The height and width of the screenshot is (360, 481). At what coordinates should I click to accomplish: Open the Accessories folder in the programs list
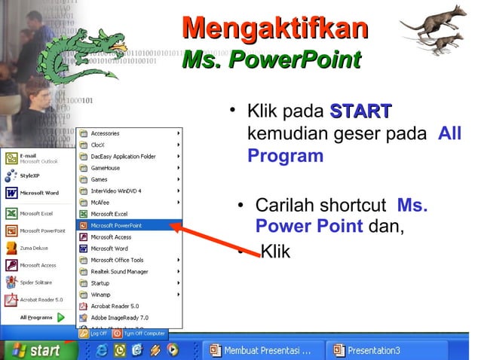click(x=105, y=133)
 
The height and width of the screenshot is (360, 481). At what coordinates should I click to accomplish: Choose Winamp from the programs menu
click(x=101, y=294)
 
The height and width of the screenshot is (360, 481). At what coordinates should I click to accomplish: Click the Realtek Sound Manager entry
click(x=119, y=271)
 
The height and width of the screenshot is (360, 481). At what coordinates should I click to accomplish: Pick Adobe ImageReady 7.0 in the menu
click(x=119, y=317)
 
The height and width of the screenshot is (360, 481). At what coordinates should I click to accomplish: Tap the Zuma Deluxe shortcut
click(x=34, y=246)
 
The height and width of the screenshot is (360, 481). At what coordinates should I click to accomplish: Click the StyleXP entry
click(x=30, y=175)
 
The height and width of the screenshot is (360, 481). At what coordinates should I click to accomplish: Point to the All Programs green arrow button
click(x=61, y=317)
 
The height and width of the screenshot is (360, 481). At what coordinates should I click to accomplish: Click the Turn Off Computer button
click(x=139, y=333)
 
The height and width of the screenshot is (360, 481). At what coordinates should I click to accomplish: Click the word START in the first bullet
click(x=360, y=112)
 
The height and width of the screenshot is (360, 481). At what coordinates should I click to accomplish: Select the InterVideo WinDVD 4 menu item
click(x=116, y=191)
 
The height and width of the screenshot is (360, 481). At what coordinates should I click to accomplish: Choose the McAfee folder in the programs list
click(x=100, y=202)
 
